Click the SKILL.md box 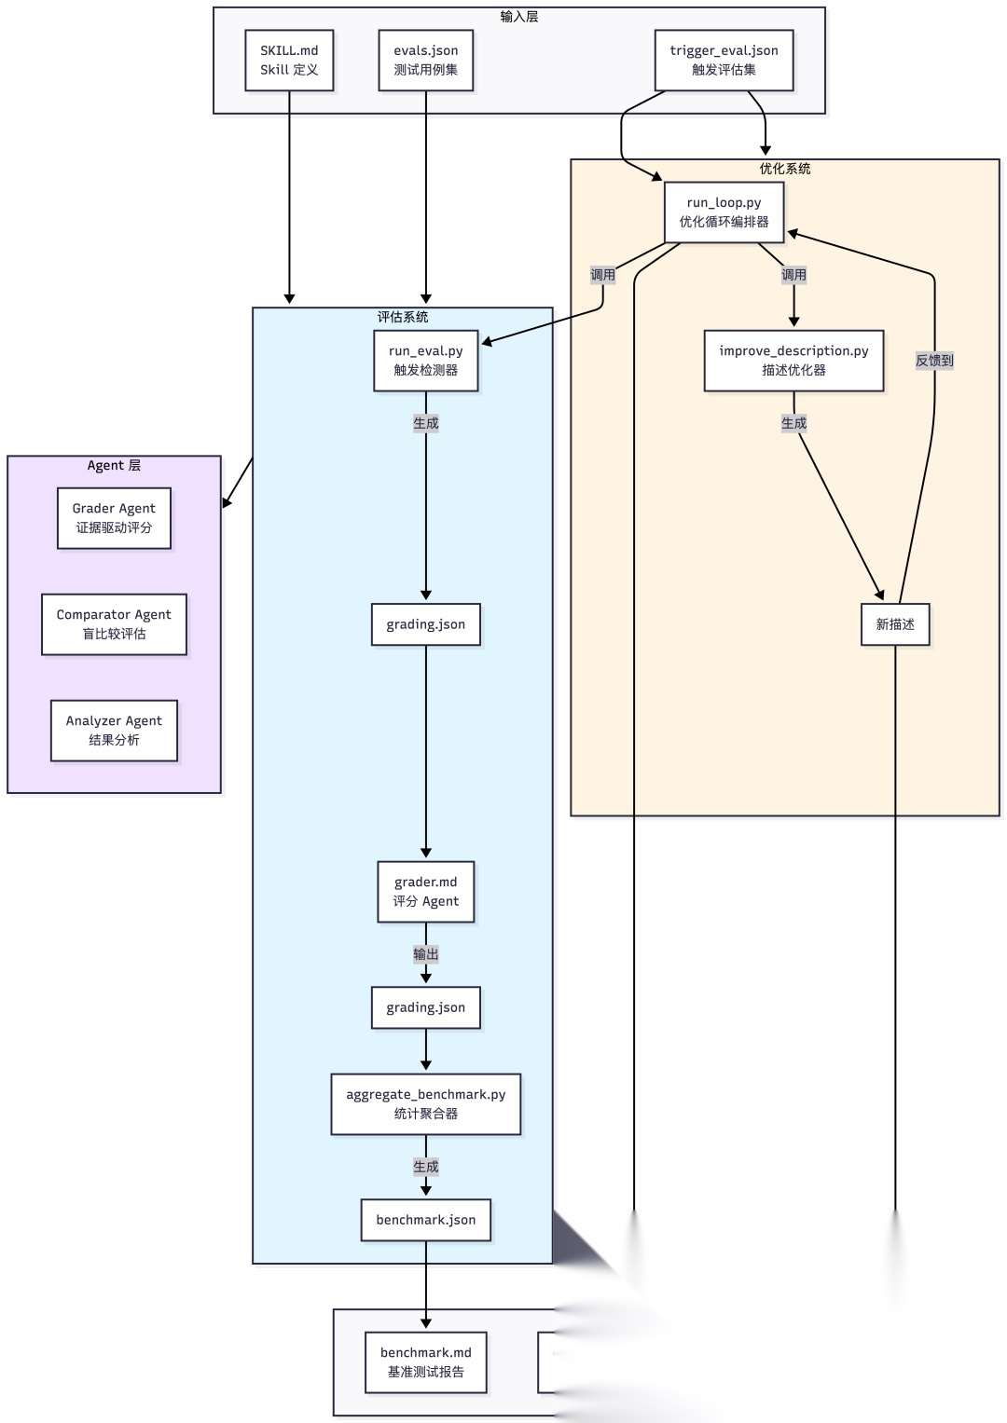[x=289, y=61]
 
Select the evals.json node [x=426, y=61]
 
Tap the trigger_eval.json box [x=724, y=61]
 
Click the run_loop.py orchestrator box [x=724, y=212]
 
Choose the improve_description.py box [x=794, y=361]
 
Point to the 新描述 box [x=895, y=624]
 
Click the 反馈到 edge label [x=934, y=361]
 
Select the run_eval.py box [x=426, y=361]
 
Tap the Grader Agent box [x=114, y=518]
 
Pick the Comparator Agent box [x=114, y=623]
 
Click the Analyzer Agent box [x=114, y=731]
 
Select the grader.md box [x=426, y=891]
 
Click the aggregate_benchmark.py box [x=426, y=1104]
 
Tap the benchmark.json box [x=426, y=1220]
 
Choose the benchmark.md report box [x=426, y=1362]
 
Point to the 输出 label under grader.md [x=426, y=954]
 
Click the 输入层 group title [x=519, y=17]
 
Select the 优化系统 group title [x=785, y=169]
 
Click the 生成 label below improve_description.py [x=794, y=423]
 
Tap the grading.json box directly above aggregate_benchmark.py [x=426, y=1007]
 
